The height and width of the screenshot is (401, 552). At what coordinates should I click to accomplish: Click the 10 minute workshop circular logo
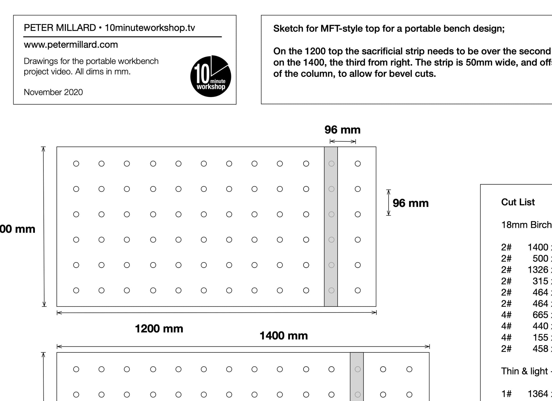pos(210,76)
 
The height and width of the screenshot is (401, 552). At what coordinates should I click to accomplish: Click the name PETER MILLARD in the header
pos(60,28)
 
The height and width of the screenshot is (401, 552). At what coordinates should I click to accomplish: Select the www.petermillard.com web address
pos(71,45)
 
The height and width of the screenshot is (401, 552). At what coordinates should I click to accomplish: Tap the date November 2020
pos(53,92)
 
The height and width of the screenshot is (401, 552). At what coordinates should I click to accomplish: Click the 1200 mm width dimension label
pos(159,329)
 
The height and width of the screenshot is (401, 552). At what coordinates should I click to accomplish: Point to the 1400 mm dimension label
pos(284,336)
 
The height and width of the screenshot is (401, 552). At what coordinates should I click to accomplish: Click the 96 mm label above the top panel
pos(342,130)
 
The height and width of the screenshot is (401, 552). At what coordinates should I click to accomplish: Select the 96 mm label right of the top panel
pos(410,203)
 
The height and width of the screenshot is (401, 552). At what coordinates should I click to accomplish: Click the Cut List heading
pos(518,202)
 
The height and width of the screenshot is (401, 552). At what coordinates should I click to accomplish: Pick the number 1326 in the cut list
pos(538,270)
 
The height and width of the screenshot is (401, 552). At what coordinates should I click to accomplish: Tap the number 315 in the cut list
pos(540,281)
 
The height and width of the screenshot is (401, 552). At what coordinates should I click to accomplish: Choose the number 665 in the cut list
pos(540,315)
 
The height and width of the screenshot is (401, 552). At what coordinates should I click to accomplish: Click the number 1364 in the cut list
pos(538,394)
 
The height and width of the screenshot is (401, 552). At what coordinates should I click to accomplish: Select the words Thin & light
pos(524,371)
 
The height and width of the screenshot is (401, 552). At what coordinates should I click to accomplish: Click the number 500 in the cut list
pos(540,258)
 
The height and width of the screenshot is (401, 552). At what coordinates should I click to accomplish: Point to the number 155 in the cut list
pos(540,337)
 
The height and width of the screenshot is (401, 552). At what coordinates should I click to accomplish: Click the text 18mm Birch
pos(526,225)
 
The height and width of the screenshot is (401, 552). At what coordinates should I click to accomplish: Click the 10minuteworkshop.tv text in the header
pos(150,28)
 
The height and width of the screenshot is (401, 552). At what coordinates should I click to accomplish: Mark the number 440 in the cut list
pos(540,326)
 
